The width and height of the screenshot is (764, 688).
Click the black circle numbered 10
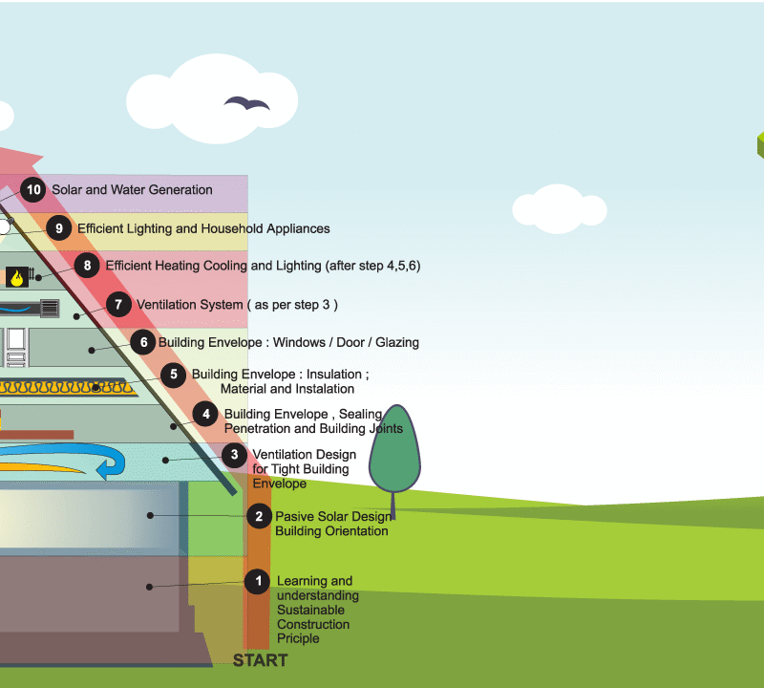click(x=34, y=190)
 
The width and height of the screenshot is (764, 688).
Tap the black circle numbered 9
click(x=59, y=228)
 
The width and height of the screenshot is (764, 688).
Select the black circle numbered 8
click(x=88, y=266)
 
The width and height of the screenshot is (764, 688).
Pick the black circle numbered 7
click(x=118, y=305)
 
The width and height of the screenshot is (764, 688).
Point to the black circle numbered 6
click(x=143, y=342)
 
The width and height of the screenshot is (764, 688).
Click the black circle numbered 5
click(x=174, y=375)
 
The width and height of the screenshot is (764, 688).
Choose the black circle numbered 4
click(x=205, y=414)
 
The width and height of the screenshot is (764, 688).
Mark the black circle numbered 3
click(x=235, y=455)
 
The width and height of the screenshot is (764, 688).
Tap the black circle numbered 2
click(x=258, y=517)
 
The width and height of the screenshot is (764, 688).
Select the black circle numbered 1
click(x=257, y=581)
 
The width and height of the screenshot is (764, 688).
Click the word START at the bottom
click(x=260, y=660)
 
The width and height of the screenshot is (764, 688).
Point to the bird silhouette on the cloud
click(x=246, y=102)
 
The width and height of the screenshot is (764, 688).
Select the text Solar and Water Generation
click(x=132, y=190)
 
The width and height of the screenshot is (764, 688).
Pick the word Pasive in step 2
click(x=296, y=517)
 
